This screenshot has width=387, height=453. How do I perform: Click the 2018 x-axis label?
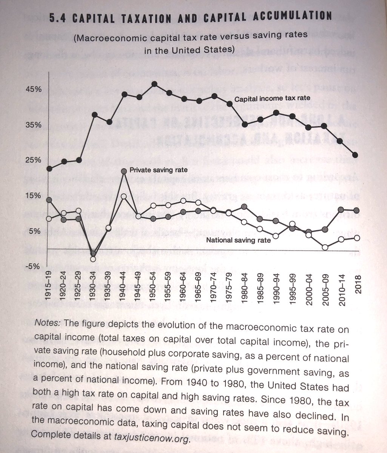[x=357, y=286]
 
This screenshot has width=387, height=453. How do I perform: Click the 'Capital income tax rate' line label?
[x=272, y=99]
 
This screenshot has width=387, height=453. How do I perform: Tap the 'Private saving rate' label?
[x=158, y=170]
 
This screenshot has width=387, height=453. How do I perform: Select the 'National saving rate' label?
[x=238, y=240]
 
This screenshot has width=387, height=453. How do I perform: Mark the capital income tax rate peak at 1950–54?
[x=154, y=84]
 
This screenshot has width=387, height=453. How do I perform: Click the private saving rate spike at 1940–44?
[x=124, y=171]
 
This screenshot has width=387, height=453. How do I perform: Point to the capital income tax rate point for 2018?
[x=357, y=155]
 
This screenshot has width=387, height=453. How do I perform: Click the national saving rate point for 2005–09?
[x=325, y=247]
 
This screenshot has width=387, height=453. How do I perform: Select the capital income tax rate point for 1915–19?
[x=49, y=168]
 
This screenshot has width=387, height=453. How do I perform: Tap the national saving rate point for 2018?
[x=357, y=237]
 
